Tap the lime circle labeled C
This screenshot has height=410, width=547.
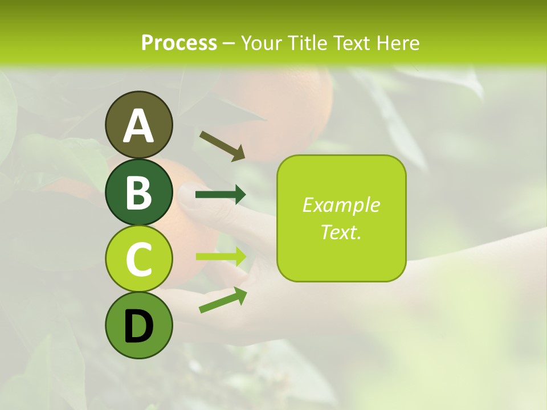pyautogui.click(x=138, y=259)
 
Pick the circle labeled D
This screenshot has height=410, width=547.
pyautogui.click(x=138, y=326)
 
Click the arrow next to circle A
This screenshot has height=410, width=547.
pyautogui.click(x=222, y=146)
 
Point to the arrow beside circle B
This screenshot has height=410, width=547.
pyautogui.click(x=221, y=195)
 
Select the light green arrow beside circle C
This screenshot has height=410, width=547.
pyautogui.click(x=221, y=256)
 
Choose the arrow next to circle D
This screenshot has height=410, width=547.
pyautogui.click(x=223, y=300)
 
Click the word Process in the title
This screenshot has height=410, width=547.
pyautogui.click(x=179, y=43)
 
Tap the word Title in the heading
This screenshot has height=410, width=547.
pyautogui.click(x=307, y=43)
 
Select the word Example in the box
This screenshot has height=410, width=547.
pyautogui.click(x=341, y=205)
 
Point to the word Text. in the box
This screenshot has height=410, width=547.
pyautogui.click(x=341, y=232)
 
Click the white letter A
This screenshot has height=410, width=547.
pyautogui.click(x=138, y=126)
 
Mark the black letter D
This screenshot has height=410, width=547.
pyautogui.click(x=138, y=326)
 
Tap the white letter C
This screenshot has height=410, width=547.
pyautogui.click(x=138, y=260)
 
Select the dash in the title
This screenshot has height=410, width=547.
pyautogui.click(x=228, y=43)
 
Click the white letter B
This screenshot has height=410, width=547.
pyautogui.click(x=138, y=192)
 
